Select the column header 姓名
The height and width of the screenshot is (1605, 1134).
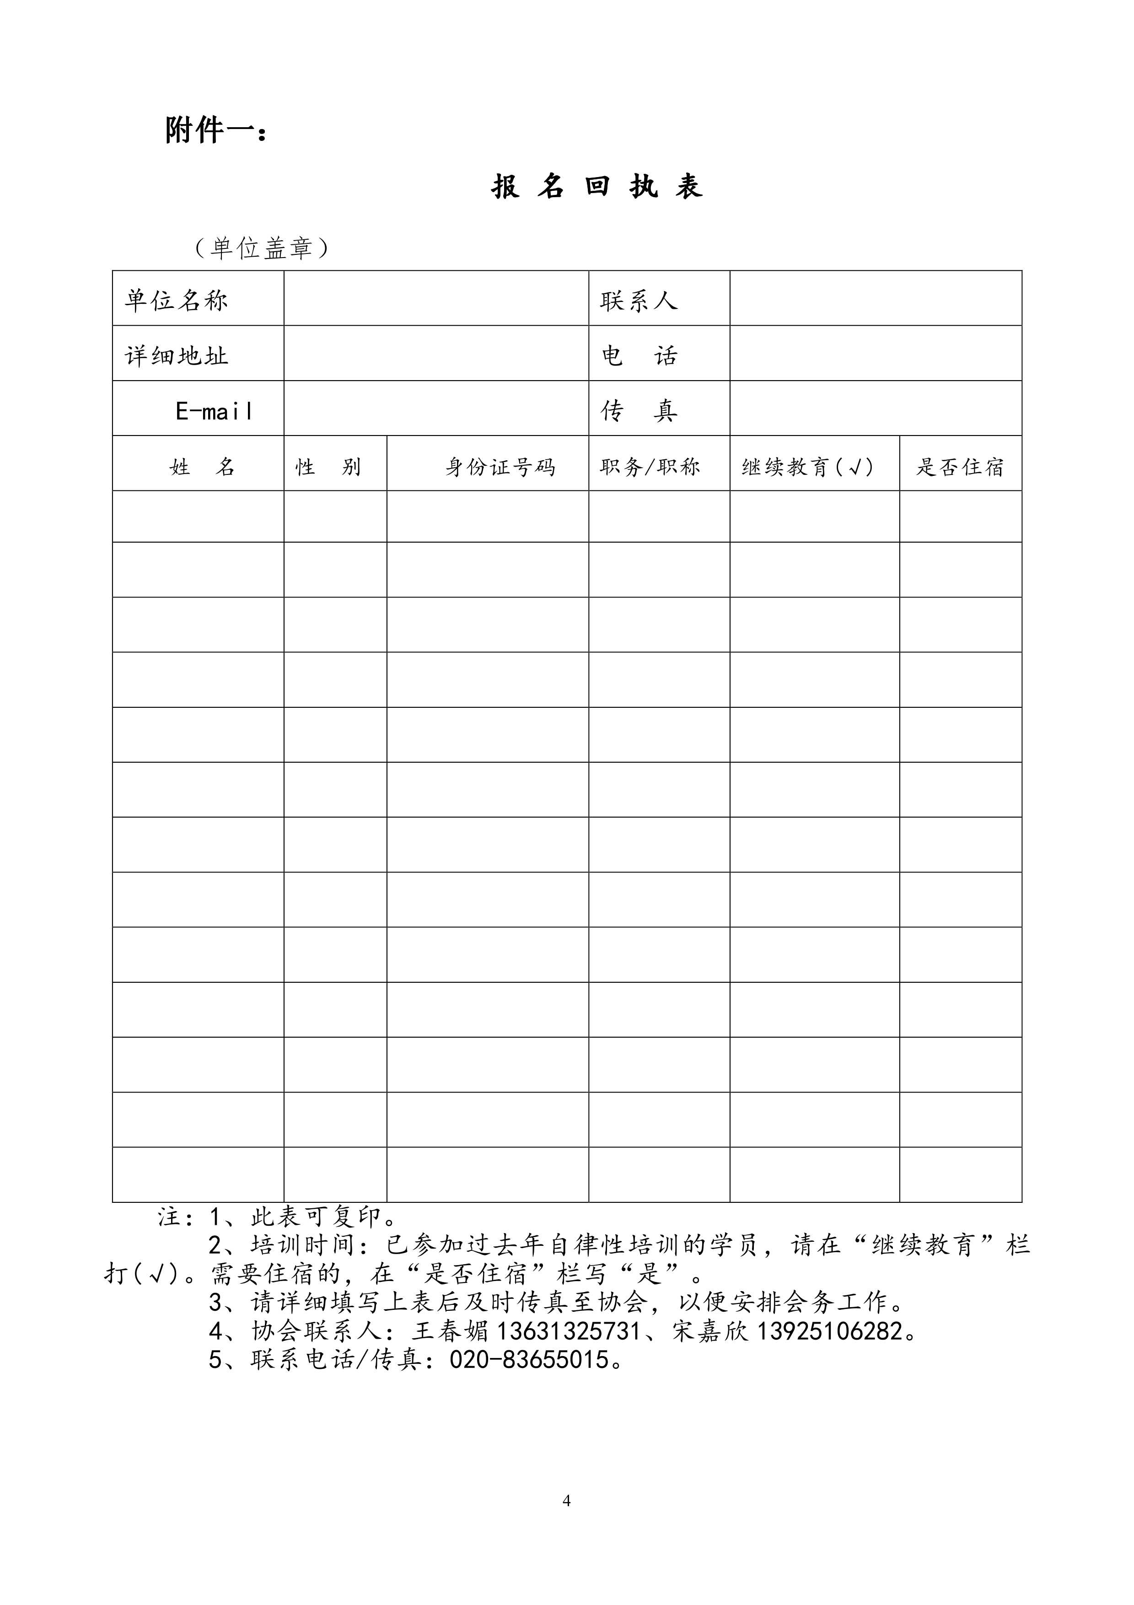(202, 466)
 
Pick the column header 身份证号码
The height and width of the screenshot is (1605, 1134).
(500, 466)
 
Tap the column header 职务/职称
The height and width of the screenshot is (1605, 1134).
(649, 466)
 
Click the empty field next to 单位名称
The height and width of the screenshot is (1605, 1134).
(436, 298)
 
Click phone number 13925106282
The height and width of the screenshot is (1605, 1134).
(829, 1331)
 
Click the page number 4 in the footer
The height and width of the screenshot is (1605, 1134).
(567, 1501)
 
